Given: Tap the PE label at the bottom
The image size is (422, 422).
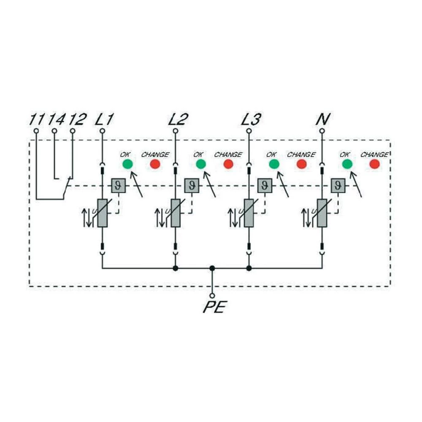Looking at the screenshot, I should point(214,307).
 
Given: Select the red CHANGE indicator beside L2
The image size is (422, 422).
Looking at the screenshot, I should point(228,164).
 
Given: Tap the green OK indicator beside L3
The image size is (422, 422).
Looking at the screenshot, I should point(274,164).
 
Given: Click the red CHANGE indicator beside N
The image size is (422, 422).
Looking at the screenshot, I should point(374,164).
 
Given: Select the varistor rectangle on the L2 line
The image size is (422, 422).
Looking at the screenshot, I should point(176,213).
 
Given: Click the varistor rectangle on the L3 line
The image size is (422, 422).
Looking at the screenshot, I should point(249,213).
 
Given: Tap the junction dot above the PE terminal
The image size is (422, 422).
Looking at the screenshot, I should point(212,268).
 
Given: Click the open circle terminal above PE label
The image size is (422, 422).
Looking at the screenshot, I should point(212,296).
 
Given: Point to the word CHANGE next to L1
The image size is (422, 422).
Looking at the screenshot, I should point(155,154).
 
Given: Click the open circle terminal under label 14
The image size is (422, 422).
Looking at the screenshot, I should point(54,131).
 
